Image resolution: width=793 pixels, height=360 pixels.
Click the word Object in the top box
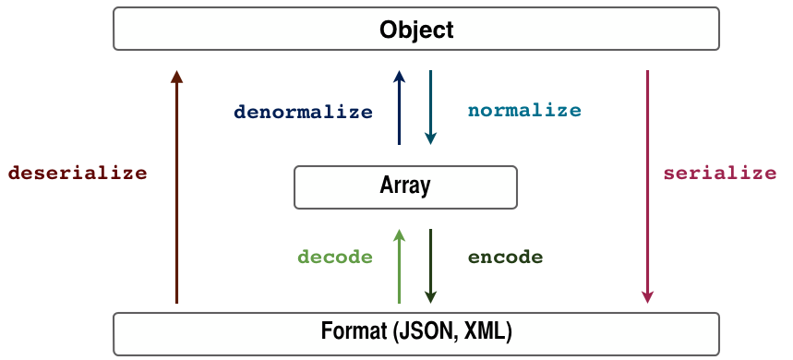(x=416, y=30)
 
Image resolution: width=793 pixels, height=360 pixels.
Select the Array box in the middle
(x=405, y=186)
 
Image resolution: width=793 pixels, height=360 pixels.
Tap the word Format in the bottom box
(x=353, y=330)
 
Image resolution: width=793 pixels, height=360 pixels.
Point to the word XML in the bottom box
(x=482, y=330)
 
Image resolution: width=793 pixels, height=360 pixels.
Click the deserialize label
(x=78, y=173)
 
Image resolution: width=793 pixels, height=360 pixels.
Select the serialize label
(x=720, y=173)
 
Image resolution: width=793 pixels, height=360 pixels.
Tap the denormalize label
(x=303, y=112)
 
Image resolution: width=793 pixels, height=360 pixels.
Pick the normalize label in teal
(x=524, y=111)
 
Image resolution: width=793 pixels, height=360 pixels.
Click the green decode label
(x=334, y=257)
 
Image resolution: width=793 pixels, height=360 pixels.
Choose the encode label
(x=505, y=257)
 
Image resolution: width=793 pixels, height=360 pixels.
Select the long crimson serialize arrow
(x=648, y=185)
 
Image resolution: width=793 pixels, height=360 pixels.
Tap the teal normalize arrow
(x=430, y=106)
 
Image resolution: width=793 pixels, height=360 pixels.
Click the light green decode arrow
(x=399, y=268)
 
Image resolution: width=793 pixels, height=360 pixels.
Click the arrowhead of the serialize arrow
(x=648, y=296)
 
